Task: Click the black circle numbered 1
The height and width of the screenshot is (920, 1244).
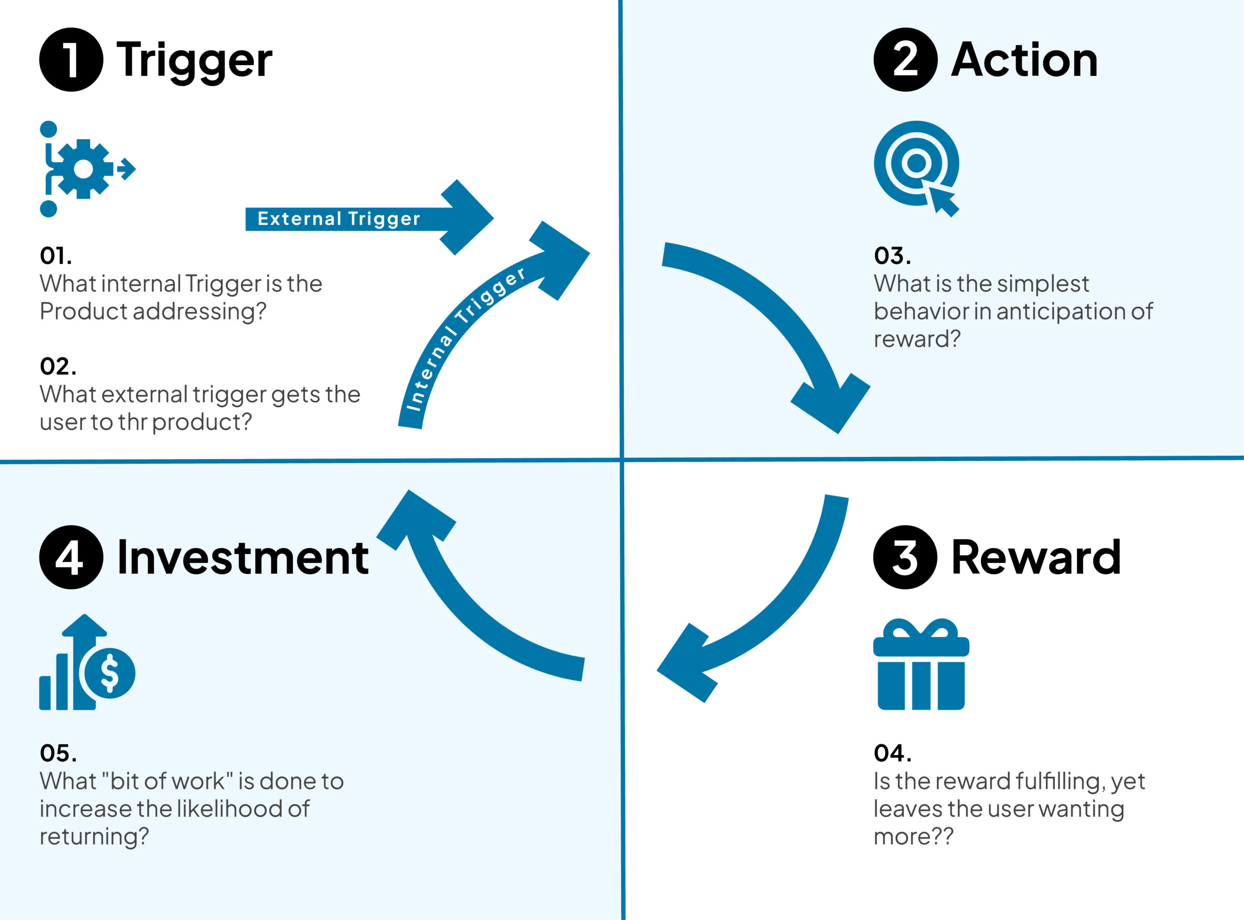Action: pyautogui.click(x=71, y=60)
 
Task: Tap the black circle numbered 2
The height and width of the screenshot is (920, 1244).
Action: pyautogui.click(x=905, y=60)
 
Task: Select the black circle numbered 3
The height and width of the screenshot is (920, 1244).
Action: pyautogui.click(x=905, y=557)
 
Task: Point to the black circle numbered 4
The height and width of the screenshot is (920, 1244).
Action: pyautogui.click(x=71, y=557)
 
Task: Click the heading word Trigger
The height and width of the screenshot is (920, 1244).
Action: pyautogui.click(x=194, y=61)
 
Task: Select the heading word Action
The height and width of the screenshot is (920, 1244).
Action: pyautogui.click(x=1024, y=60)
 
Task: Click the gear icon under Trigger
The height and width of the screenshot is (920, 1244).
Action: pyautogui.click(x=84, y=169)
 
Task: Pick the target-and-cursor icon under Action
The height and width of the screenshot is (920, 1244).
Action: pyautogui.click(x=916, y=168)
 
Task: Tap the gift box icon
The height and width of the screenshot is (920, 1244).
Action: pyautogui.click(x=921, y=664)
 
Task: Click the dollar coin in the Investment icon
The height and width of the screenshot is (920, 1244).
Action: pyautogui.click(x=110, y=673)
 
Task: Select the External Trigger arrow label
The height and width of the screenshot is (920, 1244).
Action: pyautogui.click(x=339, y=219)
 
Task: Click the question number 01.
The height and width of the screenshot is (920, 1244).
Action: pyautogui.click(x=56, y=256)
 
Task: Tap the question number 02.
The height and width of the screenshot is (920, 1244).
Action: pyautogui.click(x=58, y=366)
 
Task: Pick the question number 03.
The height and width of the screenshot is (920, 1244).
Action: pyautogui.click(x=892, y=256)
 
